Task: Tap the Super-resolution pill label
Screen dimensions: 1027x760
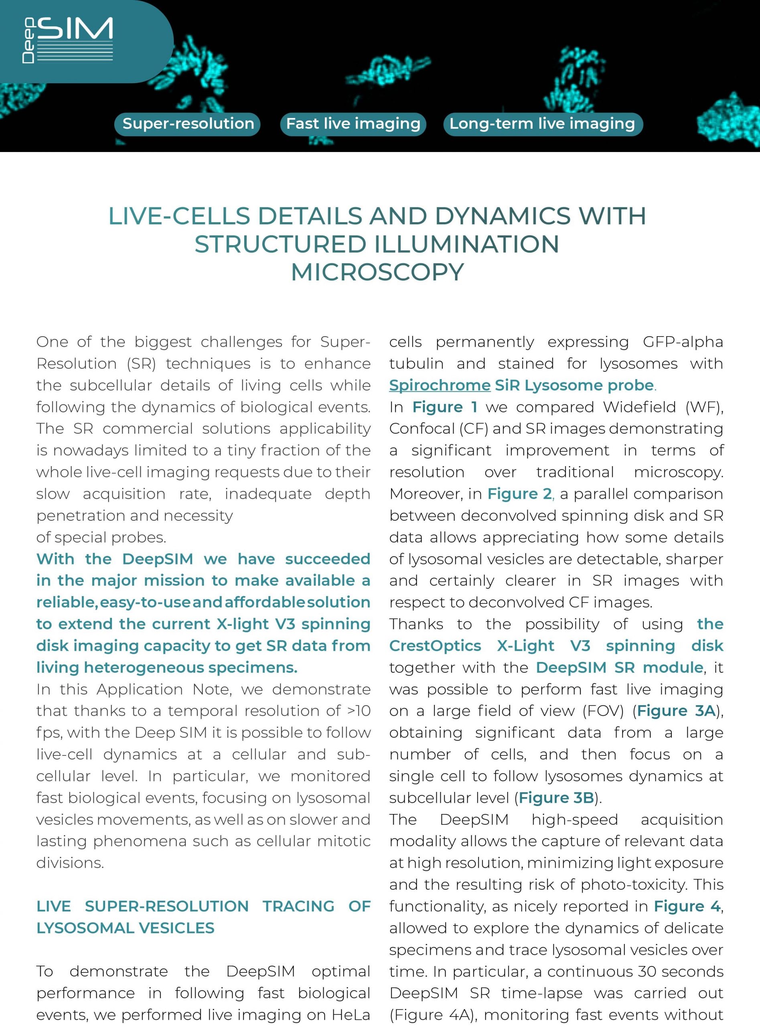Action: pyautogui.click(x=188, y=124)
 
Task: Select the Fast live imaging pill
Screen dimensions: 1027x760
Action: pyautogui.click(x=353, y=124)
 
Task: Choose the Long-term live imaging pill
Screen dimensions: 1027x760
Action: pyautogui.click(x=542, y=124)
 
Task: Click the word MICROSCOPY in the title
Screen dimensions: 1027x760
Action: pyautogui.click(x=377, y=272)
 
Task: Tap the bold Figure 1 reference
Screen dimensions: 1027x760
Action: pyautogui.click(x=444, y=407)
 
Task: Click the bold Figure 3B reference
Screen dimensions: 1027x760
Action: pyautogui.click(x=556, y=798)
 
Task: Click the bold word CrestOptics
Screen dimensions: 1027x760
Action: pyautogui.click(x=435, y=645)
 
